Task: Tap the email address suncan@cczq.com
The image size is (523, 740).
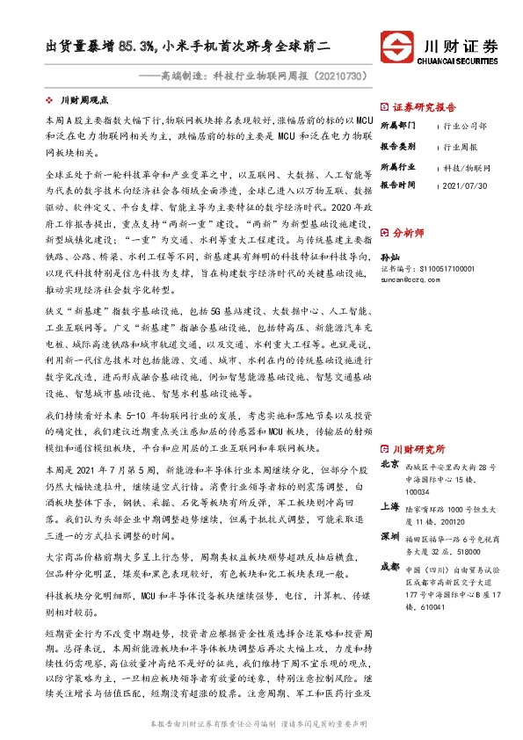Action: (x=412, y=278)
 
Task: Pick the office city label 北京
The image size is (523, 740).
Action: (x=390, y=464)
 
